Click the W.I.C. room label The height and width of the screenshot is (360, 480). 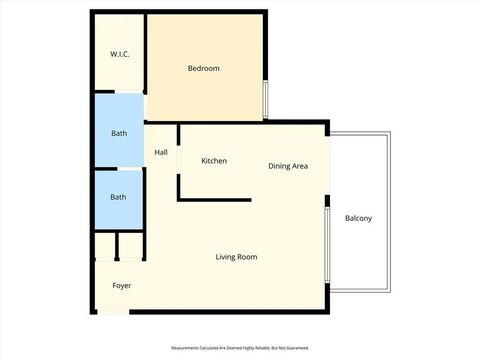(x=119, y=54)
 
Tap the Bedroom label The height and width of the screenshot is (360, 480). (x=204, y=68)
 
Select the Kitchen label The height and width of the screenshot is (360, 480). (x=214, y=161)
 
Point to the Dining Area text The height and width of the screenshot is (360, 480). (x=287, y=166)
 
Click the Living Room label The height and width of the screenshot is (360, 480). (x=236, y=257)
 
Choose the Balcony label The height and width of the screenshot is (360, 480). (x=358, y=218)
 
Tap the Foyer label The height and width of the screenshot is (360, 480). (x=121, y=286)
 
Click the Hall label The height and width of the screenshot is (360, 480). (x=161, y=153)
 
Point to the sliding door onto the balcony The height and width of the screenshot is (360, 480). (x=327, y=246)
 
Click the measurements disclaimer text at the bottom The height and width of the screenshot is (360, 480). (x=239, y=348)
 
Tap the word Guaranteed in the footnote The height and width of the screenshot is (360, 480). (x=296, y=348)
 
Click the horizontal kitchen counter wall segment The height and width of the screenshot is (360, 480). (x=214, y=200)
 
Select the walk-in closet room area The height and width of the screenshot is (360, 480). (x=119, y=70)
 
